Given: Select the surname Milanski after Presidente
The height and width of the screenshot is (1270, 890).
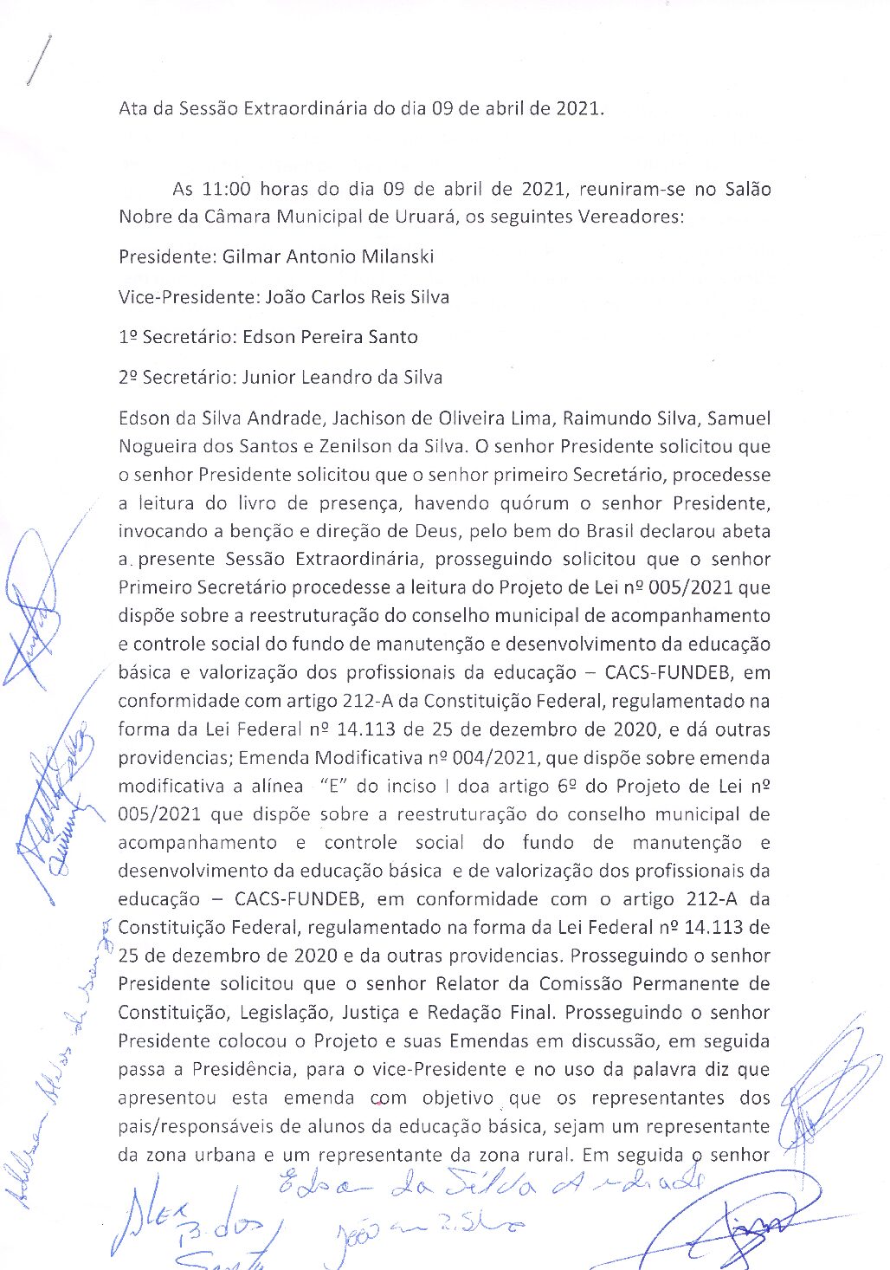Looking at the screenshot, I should [x=393, y=256].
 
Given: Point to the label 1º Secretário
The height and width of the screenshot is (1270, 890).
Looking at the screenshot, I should [x=177, y=337].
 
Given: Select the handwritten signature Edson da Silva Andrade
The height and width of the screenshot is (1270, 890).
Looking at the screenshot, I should [x=489, y=1185].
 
